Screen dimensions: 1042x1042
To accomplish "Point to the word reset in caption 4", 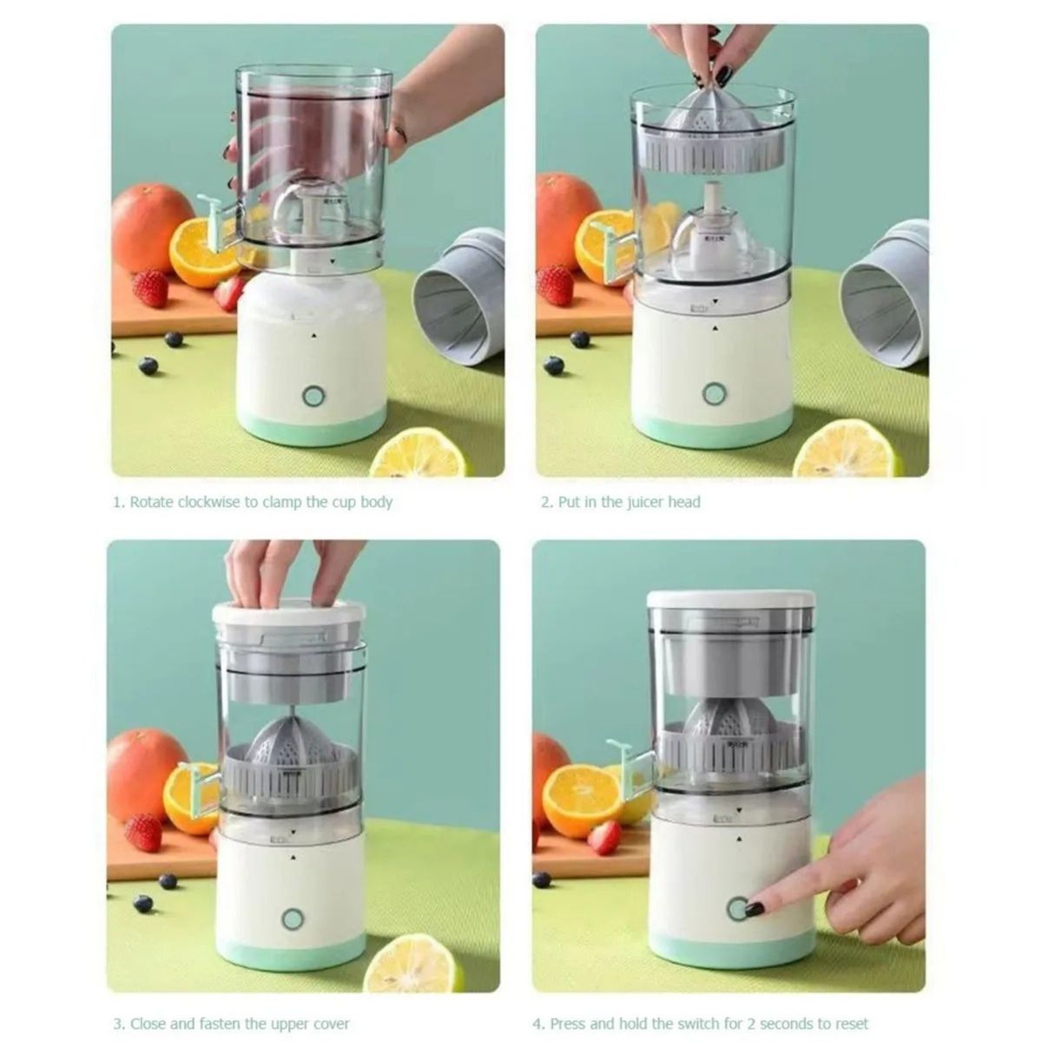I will (x=849, y=1024).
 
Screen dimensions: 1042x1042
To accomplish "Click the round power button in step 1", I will (x=313, y=397).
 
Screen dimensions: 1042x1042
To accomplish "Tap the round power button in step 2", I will (x=714, y=393).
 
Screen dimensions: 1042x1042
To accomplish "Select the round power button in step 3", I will (x=292, y=919).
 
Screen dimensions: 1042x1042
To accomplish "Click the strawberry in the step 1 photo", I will (x=150, y=287).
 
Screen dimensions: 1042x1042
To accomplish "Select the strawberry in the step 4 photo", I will (x=604, y=837).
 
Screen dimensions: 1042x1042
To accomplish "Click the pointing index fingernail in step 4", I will (x=755, y=909).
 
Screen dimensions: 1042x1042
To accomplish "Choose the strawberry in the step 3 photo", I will (x=143, y=832).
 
